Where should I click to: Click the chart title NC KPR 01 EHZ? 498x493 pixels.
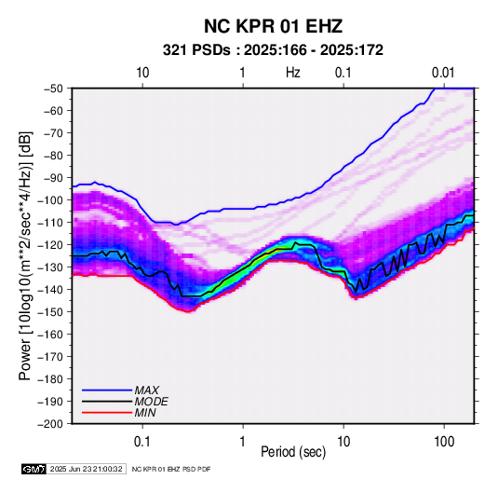tap(273, 26)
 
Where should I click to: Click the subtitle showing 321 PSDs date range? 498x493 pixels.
tap(273, 50)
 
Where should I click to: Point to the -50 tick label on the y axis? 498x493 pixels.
tap(53, 89)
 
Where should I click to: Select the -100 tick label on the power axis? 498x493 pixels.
tap(50, 200)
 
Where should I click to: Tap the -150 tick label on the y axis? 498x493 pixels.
tap(50, 311)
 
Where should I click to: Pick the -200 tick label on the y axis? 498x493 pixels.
tap(50, 424)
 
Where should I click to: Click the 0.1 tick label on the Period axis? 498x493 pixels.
tap(142, 442)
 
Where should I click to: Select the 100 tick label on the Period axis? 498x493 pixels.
tap(444, 442)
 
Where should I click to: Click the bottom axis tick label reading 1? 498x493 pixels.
tap(243, 442)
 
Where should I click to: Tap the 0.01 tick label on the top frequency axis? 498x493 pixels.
tap(443, 73)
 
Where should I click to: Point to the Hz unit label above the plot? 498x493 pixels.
tap(293, 73)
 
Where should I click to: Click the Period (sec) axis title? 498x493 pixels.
tap(293, 452)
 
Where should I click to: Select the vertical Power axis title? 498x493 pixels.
tap(25, 256)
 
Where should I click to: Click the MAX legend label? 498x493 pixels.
tap(146, 390)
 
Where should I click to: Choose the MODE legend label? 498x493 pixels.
tap(151, 402)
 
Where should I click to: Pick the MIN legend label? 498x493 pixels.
tap(145, 413)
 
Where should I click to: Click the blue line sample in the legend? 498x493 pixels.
tap(107, 390)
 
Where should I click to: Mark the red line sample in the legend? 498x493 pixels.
tap(107, 413)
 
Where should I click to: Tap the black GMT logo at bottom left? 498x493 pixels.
tap(34, 469)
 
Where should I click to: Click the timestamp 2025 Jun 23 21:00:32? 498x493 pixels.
tap(86, 469)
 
